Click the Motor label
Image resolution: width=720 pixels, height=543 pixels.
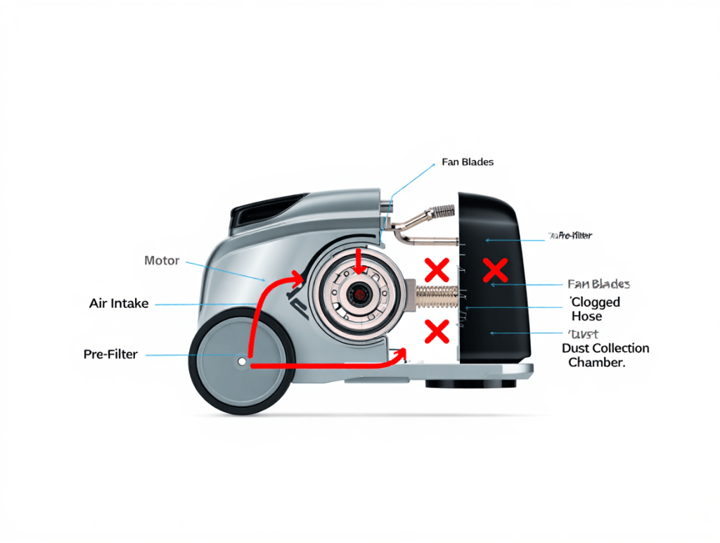click(x=162, y=261)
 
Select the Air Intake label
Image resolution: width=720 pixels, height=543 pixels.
click(x=119, y=304)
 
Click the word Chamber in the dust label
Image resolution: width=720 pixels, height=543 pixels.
click(x=596, y=363)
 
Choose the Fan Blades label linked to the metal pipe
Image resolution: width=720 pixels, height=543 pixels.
click(x=468, y=162)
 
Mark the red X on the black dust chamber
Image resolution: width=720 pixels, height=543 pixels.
click(x=496, y=269)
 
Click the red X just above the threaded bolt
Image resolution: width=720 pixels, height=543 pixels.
click(x=437, y=269)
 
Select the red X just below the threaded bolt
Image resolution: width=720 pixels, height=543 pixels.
click(x=437, y=330)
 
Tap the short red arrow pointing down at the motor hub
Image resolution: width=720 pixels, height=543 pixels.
click(x=360, y=262)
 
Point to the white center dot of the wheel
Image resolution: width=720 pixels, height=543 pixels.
click(x=242, y=362)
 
